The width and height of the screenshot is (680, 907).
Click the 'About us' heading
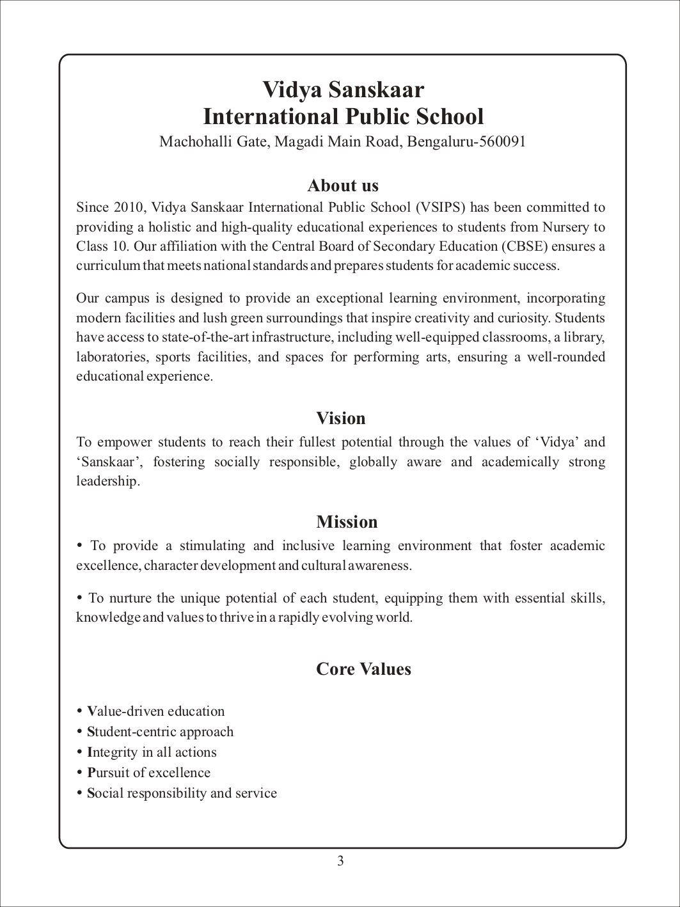pyautogui.click(x=343, y=185)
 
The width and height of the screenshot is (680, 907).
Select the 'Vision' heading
pyautogui.click(x=341, y=418)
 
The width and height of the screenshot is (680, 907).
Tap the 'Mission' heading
pyautogui.click(x=347, y=522)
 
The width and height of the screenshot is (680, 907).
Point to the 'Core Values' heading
pyautogui.click(x=363, y=669)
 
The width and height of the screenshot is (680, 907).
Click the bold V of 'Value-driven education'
pyautogui.click(x=91, y=711)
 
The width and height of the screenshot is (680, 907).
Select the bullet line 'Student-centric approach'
pyautogui.click(x=160, y=732)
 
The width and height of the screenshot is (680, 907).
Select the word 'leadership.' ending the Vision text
pyautogui.click(x=107, y=481)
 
